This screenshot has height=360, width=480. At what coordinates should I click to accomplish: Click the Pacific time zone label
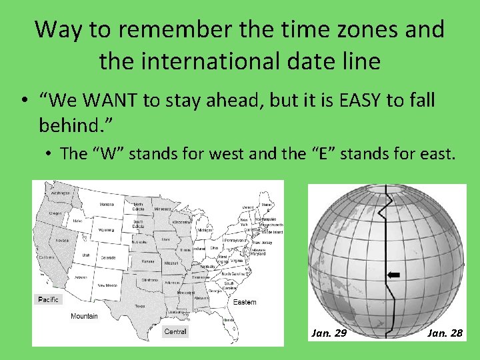click(x=48, y=299)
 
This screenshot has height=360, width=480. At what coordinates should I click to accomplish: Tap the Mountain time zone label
click(x=84, y=316)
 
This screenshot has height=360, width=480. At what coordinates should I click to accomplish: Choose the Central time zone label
click(x=175, y=331)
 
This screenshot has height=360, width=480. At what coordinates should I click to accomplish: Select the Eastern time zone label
click(x=244, y=302)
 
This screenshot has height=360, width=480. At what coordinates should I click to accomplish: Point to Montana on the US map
click(x=106, y=205)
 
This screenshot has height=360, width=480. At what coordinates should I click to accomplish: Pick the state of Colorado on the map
click(x=108, y=257)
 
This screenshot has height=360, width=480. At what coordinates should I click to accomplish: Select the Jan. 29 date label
click(x=329, y=333)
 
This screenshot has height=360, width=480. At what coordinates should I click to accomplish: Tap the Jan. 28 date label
click(x=445, y=333)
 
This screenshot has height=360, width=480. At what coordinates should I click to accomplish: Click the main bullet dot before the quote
click(x=23, y=101)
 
